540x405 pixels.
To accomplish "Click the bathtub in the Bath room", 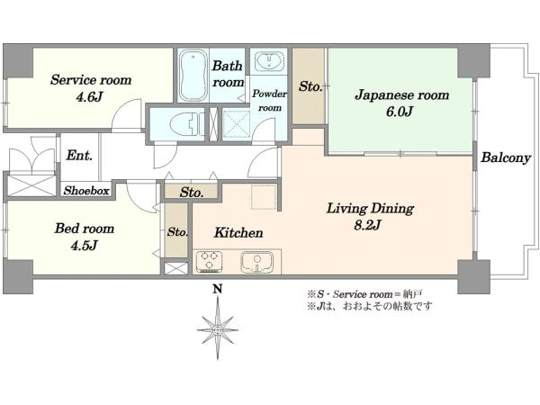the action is [x=193, y=75].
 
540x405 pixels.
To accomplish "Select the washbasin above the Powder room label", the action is [x=269, y=61].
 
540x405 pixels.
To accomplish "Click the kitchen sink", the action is [x=256, y=262].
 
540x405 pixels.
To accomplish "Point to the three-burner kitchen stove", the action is [x=209, y=262].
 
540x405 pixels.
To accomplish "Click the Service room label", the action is [x=91, y=80].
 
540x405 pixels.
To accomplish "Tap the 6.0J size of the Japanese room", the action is [x=400, y=112].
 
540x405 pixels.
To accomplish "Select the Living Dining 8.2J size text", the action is [x=367, y=225].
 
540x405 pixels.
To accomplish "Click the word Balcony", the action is [x=506, y=157].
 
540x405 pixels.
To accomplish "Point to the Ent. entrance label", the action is [x=79, y=156].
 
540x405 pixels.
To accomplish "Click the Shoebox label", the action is [x=86, y=191].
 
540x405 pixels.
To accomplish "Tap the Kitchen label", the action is [x=238, y=232].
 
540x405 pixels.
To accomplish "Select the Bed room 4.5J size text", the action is [x=85, y=245].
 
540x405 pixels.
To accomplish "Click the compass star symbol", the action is [x=218, y=329].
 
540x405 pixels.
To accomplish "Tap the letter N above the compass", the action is [x=217, y=289].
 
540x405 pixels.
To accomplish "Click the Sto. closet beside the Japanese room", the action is [x=309, y=86].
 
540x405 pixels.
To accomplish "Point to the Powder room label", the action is [x=270, y=101].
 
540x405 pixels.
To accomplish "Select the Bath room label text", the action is [x=228, y=74].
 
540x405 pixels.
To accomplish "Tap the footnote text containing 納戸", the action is [x=364, y=294].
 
